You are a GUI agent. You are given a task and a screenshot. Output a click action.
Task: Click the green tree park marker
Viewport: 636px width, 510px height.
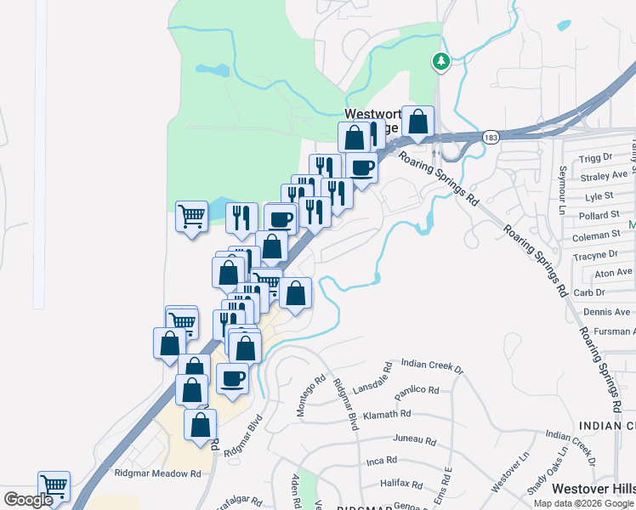[x=440, y=61]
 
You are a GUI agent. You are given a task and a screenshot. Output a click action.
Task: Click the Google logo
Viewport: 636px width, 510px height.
[x=27, y=500]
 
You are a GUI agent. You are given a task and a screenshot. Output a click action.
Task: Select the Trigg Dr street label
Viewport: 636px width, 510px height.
[x=595, y=158]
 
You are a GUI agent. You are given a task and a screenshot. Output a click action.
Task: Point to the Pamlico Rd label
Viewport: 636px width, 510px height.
[x=416, y=391]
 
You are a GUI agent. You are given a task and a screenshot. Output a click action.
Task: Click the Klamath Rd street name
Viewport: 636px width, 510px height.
[x=387, y=414]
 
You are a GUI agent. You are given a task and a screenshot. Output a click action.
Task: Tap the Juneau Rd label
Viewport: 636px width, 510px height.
[x=415, y=441]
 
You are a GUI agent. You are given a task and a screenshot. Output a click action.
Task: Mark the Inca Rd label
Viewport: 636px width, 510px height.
[x=381, y=461]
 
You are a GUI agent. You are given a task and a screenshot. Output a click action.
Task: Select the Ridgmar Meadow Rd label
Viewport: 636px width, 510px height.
[x=158, y=473]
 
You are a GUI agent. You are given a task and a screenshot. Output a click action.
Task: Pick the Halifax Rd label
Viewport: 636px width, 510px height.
[x=402, y=484]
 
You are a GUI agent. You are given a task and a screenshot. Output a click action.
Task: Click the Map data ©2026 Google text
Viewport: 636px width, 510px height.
[x=583, y=503]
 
